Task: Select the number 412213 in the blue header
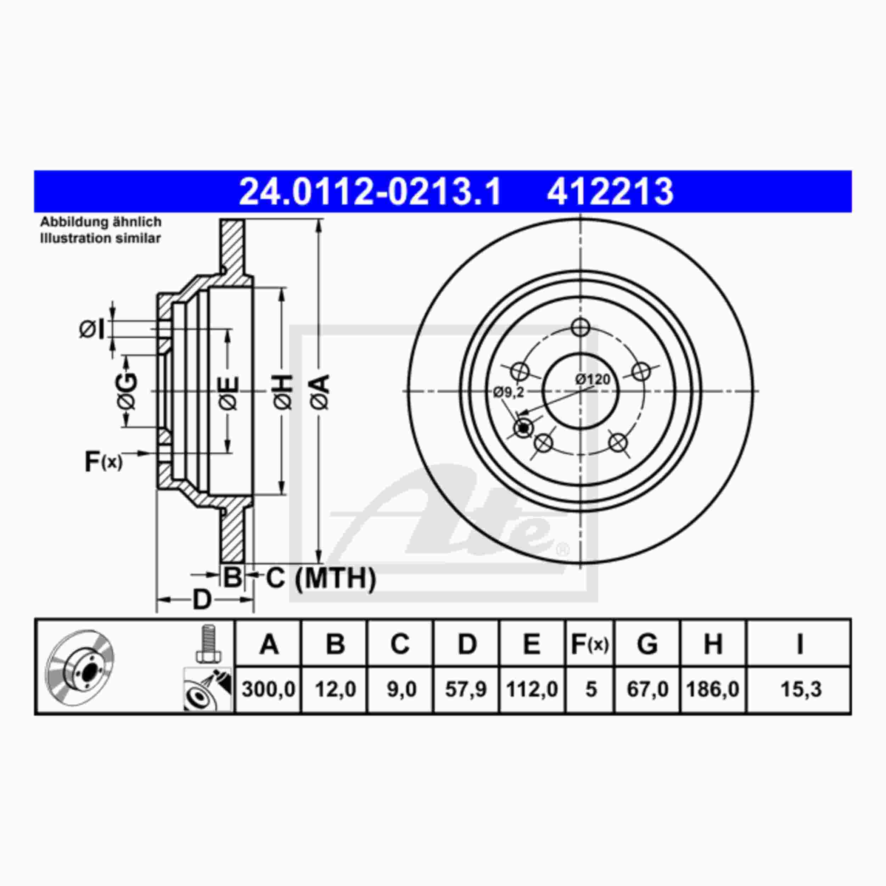pos(610,192)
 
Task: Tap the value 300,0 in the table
pos(268,689)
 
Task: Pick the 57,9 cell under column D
pos(466,689)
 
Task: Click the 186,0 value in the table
pos(713,689)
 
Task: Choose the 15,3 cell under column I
pos(801,689)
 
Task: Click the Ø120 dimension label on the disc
pos(593,379)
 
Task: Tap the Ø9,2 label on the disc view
pos(509,392)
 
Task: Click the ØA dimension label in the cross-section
pos(321,392)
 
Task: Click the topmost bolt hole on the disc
pos(581,327)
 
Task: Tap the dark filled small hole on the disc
pos(523,428)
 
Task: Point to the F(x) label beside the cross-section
pos(103,462)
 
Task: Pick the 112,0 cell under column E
pos(532,689)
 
